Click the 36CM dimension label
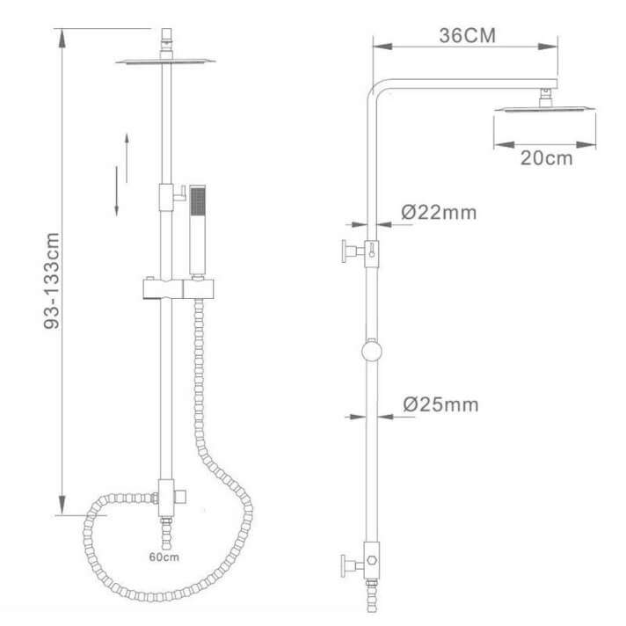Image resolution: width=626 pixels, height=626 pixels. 468,35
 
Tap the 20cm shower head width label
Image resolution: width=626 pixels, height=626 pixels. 547,158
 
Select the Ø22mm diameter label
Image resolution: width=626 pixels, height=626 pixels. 439,212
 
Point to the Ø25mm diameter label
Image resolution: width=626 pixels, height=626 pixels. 440,404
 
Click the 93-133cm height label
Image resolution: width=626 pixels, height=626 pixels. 52,280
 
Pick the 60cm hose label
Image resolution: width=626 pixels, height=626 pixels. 164,557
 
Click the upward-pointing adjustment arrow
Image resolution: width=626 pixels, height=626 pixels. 127,158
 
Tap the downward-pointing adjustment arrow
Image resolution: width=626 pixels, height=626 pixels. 117,192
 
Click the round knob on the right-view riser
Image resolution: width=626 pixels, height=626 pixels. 372,352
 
